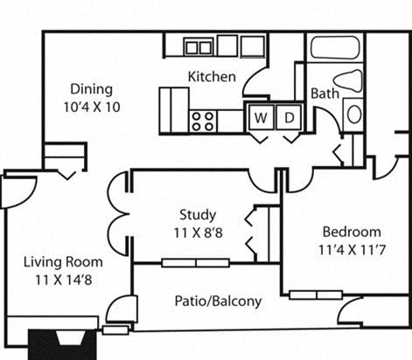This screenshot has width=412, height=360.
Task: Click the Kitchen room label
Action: click(212, 77)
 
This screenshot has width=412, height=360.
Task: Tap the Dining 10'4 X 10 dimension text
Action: click(92, 106)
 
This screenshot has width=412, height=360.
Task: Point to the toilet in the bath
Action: click(348, 80)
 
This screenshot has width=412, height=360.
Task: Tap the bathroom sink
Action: click(353, 114)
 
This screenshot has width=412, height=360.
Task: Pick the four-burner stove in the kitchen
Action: click(204, 120)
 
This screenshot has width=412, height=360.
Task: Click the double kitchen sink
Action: click(199, 46)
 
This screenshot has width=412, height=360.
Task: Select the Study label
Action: click(198, 215)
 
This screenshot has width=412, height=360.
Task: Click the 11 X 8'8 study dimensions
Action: click(198, 232)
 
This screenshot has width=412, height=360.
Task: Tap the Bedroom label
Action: click(352, 232)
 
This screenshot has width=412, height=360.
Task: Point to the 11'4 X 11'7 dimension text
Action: click(352, 249)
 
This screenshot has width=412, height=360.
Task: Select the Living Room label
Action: click(62, 261)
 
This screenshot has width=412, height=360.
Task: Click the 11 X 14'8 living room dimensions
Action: click(62, 279)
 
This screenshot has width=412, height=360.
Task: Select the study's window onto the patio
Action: click(195, 262)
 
